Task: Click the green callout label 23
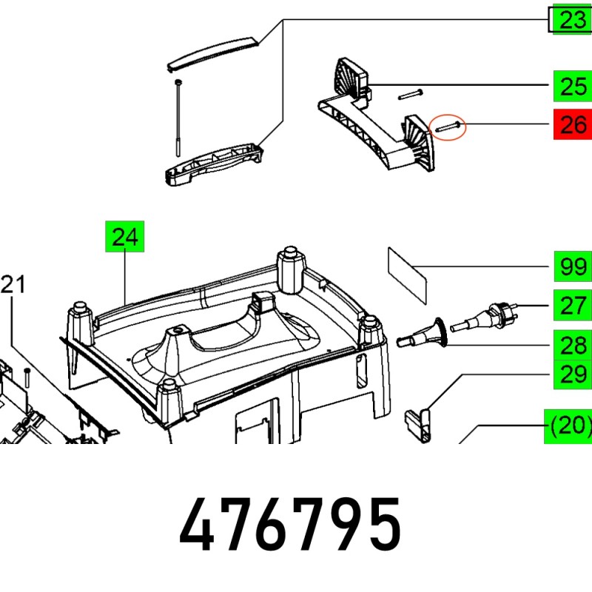click(x=572, y=19)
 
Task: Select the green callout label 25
click(x=572, y=86)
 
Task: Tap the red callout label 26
click(x=572, y=124)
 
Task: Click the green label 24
click(x=124, y=236)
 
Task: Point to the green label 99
click(x=573, y=266)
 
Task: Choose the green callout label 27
click(x=572, y=305)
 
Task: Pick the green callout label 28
click(x=572, y=345)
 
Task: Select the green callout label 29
click(x=572, y=374)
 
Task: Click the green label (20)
click(x=568, y=426)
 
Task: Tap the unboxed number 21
click(x=13, y=284)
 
